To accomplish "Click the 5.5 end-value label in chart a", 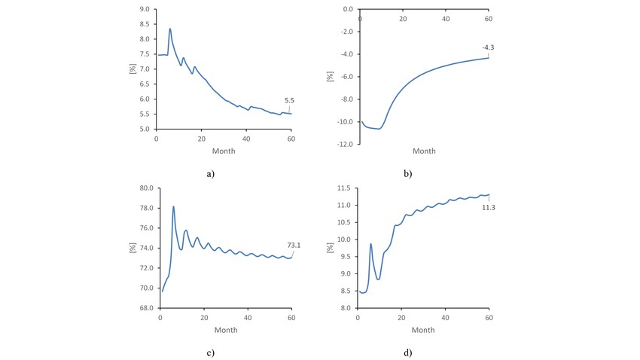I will pos(289,100).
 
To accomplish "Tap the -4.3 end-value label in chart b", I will pos(488,47).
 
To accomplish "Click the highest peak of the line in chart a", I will pos(170,29).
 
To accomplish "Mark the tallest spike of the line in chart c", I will pos(173,206).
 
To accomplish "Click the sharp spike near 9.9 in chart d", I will pos(371,243).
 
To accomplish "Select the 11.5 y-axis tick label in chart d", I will pos(343,188).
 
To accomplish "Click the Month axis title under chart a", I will pos(224,151).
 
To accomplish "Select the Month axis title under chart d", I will pos(423,330).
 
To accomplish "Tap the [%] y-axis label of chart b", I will pos(330,76).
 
